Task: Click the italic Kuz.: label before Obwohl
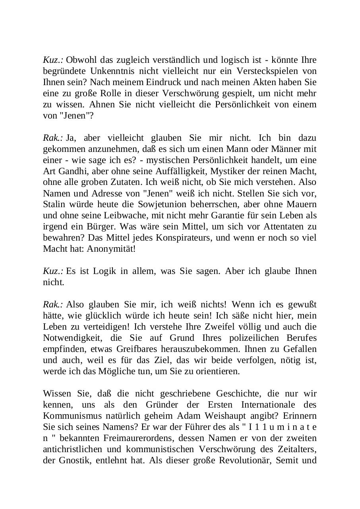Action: [x=53, y=60]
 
